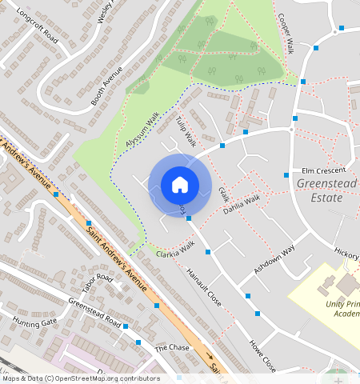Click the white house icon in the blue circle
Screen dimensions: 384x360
point(180,185)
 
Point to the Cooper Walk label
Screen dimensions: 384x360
point(286,34)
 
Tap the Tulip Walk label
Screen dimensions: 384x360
point(186,130)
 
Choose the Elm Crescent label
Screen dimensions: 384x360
point(324,170)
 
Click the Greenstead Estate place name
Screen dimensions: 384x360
point(319,190)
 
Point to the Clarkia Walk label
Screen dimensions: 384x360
point(175,254)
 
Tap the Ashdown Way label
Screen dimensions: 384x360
point(274,260)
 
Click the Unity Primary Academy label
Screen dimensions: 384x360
point(342,309)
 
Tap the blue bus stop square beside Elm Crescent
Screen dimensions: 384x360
point(286,174)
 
